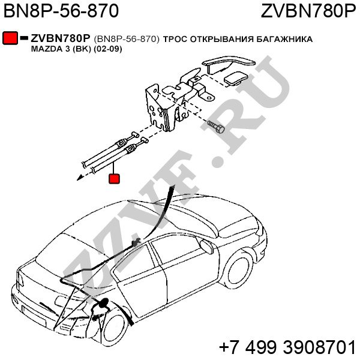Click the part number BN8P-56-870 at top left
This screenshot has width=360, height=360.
(x=61, y=11)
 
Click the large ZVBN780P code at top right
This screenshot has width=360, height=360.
(x=308, y=11)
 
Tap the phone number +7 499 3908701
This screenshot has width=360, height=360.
(x=287, y=347)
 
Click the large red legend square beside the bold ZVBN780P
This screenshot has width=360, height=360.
(x=10, y=38)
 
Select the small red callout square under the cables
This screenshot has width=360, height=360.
(x=114, y=179)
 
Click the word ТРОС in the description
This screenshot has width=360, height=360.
(x=175, y=39)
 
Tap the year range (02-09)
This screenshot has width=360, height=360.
(x=107, y=49)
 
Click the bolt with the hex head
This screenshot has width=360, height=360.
(x=216, y=127)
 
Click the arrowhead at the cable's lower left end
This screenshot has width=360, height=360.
(x=80, y=178)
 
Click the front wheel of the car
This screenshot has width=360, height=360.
(x=239, y=270)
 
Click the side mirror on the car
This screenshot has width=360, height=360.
(x=206, y=246)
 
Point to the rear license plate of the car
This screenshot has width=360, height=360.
(x=34, y=315)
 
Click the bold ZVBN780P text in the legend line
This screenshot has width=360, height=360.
(x=60, y=38)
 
